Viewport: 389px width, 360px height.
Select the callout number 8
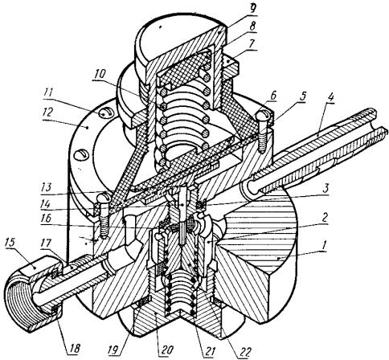tap(252, 27)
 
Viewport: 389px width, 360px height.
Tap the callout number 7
tap(252, 44)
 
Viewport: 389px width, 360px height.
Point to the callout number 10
tap(99, 74)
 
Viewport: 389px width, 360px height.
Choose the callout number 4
tap(330, 98)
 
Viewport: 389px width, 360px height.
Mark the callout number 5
tap(302, 97)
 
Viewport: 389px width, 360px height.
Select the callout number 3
tap(326, 188)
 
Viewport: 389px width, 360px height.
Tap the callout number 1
tap(325, 244)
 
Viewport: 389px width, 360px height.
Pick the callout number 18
tap(75, 349)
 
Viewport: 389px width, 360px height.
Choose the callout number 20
tap(166, 350)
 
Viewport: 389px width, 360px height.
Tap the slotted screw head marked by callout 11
tap(104, 114)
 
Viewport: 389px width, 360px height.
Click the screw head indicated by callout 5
tap(264, 115)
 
